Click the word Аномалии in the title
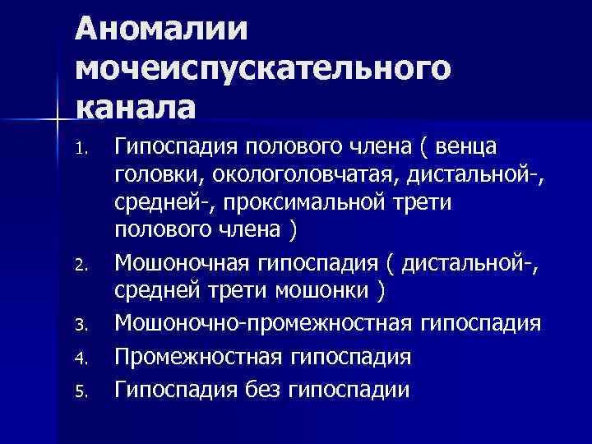click(x=162, y=30)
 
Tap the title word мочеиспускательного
click(x=263, y=69)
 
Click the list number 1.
click(x=80, y=150)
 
